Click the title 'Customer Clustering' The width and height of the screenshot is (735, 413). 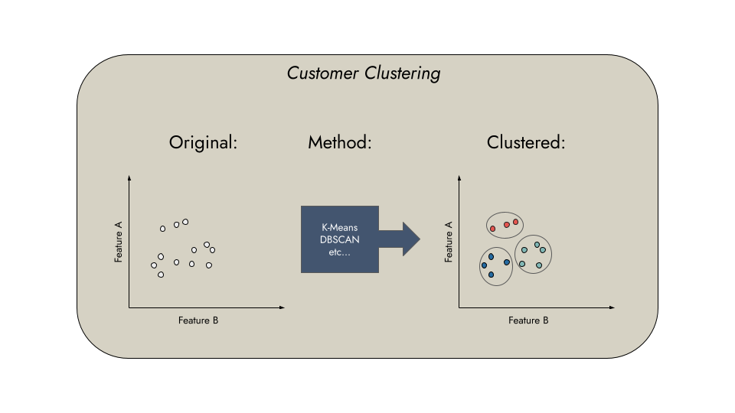point(364,73)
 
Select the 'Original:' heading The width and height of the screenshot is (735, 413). point(203,142)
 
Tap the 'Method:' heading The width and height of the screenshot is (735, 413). point(339,142)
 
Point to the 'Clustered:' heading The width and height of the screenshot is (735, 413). point(526,142)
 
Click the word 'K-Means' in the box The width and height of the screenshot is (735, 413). point(339,228)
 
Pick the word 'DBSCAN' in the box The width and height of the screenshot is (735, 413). point(339,239)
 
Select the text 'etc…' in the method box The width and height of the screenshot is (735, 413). point(339,252)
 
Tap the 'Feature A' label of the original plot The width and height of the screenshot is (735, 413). point(119,242)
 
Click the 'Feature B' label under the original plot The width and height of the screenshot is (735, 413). point(198,320)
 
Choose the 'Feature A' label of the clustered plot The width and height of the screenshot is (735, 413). point(449,242)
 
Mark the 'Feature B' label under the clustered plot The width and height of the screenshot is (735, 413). point(528,320)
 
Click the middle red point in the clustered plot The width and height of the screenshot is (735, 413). point(507,225)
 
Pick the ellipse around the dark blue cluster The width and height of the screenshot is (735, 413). point(480,267)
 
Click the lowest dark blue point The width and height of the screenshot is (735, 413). point(491,275)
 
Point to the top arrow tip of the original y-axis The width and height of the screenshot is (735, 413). point(129,178)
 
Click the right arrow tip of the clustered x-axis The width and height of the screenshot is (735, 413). point(612,307)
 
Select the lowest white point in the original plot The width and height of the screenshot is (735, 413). point(161,275)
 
